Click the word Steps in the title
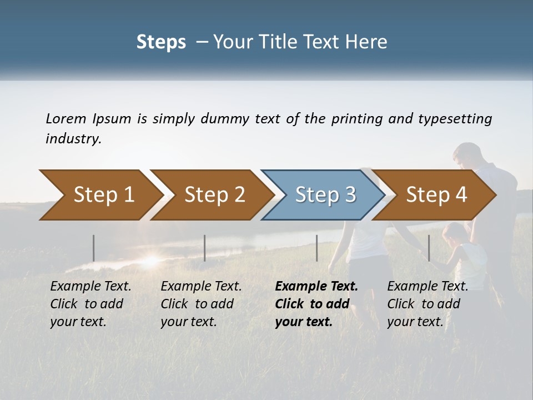[161, 42]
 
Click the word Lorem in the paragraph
[66, 118]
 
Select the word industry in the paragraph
[72, 139]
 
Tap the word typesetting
[454, 118]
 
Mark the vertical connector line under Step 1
[94, 248]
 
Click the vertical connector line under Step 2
[205, 248]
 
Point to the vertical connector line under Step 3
[316, 248]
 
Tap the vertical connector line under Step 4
[429, 248]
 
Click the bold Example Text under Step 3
[316, 287]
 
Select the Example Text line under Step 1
[90, 287]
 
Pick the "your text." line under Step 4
[415, 322]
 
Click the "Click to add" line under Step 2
[197, 304]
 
